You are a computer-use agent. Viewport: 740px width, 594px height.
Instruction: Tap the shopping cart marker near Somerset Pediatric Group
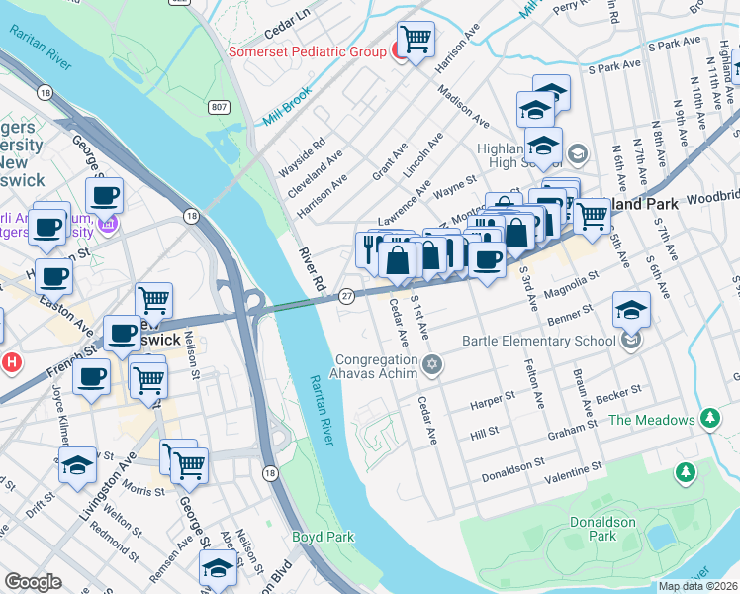pos(416,41)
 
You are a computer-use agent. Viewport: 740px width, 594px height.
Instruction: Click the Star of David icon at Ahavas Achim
pos(430,366)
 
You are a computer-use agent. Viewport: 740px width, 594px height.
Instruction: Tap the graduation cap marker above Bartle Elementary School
pos(631,311)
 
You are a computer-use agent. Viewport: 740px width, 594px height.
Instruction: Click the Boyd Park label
pos(323,537)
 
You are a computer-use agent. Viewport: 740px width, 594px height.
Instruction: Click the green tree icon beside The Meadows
pos(709,420)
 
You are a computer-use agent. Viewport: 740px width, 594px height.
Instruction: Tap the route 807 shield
pos(220,107)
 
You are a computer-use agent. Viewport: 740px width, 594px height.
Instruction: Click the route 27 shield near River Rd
pos(346,296)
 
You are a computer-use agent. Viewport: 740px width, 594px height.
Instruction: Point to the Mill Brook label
pos(288,106)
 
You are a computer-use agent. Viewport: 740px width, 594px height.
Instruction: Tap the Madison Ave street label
pos(462,106)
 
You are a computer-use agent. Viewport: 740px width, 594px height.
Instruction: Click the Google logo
pos(33,582)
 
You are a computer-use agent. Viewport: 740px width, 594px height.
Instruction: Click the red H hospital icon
pos(10,362)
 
